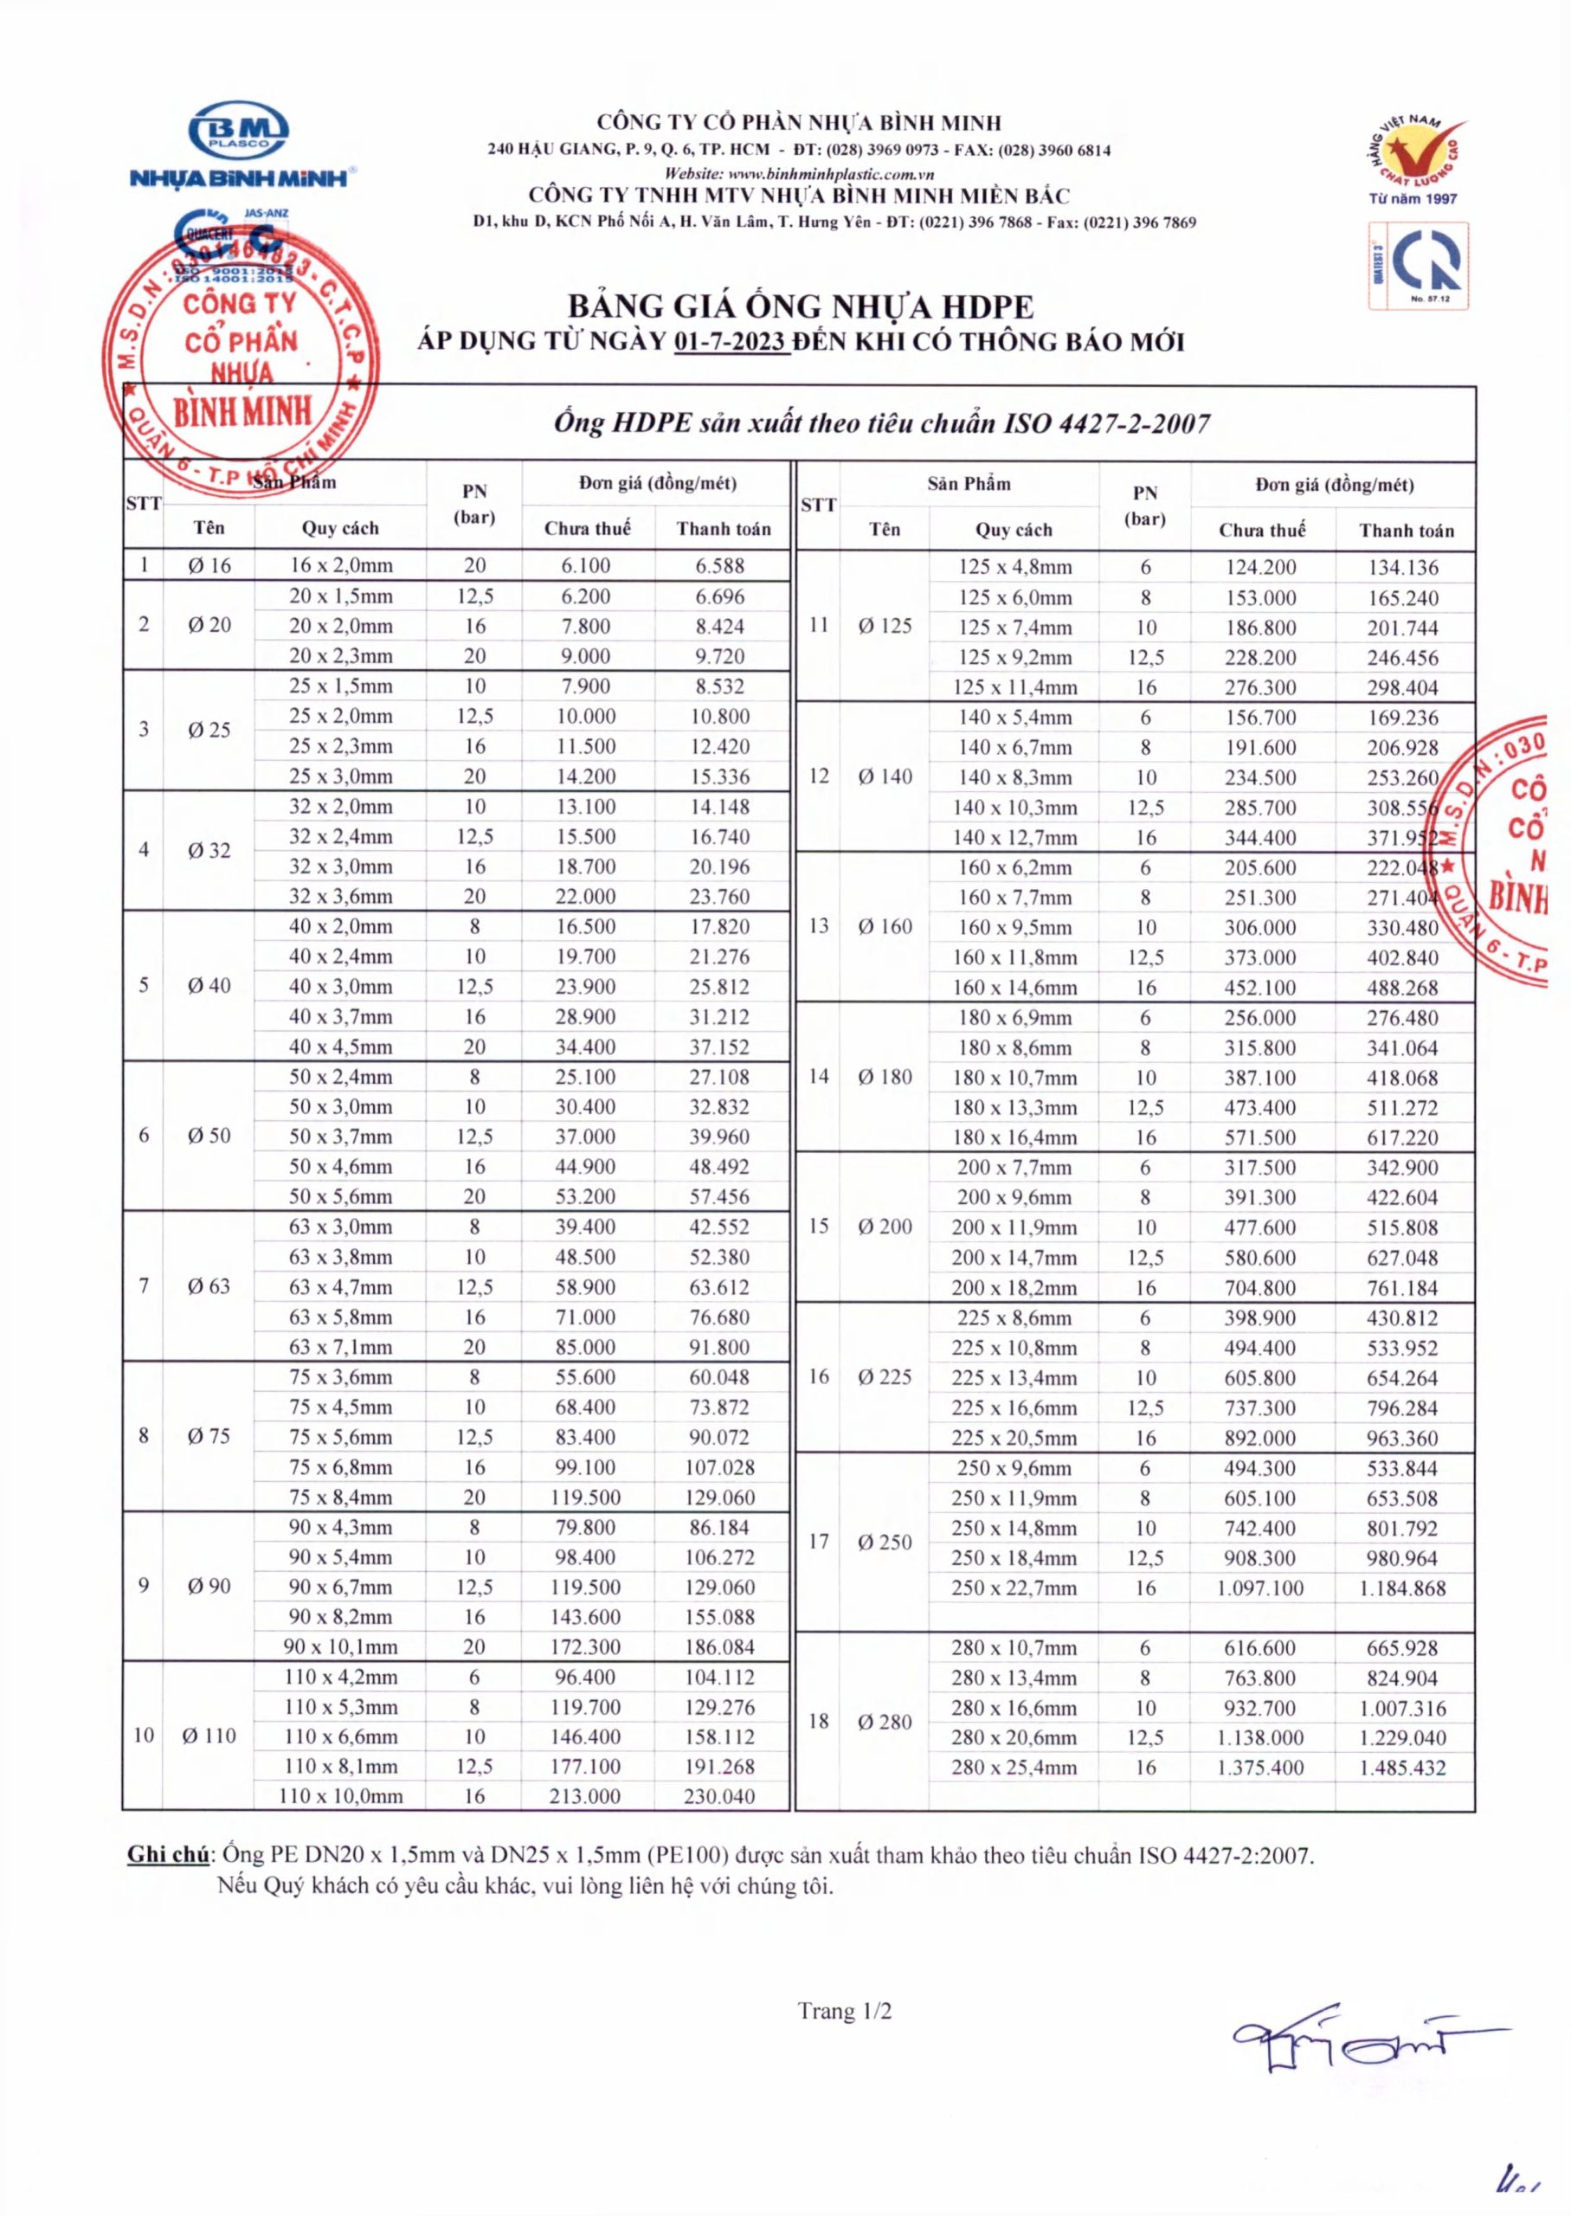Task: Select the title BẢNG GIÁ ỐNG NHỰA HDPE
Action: [x=800, y=306]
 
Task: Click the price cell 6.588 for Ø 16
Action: [x=721, y=566]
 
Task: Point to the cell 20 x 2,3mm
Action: [x=340, y=656]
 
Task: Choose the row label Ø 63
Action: [x=209, y=1285]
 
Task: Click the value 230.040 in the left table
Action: [x=720, y=1796]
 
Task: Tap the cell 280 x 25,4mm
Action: [x=1013, y=1768]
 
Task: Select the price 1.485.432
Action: [x=1401, y=1768]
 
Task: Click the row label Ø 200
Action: [x=884, y=1227]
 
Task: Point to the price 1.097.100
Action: [x=1260, y=1588]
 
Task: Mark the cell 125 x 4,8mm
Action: [x=1014, y=568]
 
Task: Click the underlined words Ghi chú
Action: [x=168, y=1855]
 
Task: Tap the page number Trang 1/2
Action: [x=845, y=2011]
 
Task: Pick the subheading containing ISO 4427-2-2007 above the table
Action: [x=881, y=423]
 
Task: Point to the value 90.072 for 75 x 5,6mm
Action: [x=720, y=1437]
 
